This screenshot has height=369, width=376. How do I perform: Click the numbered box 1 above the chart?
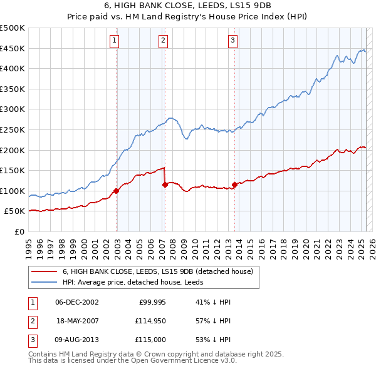115,41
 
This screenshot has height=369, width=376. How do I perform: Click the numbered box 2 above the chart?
163,41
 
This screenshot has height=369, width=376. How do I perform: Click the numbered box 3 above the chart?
232,41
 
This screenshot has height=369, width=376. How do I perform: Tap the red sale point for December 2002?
117,191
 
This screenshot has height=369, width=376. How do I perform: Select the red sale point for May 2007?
165,184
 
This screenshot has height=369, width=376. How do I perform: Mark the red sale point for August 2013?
234,184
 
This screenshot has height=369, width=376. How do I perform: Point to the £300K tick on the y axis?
13,109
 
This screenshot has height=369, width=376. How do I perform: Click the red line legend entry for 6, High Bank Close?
157,271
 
